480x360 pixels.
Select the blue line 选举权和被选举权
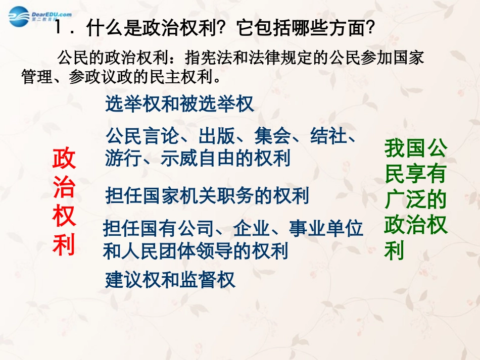pos(179,104)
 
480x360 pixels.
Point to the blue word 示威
pos(179,159)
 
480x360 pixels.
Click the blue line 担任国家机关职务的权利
pos(207,195)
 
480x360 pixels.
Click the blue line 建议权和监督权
pos(170,280)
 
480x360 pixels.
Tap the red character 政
pos(64,158)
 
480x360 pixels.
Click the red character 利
pos(64,246)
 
